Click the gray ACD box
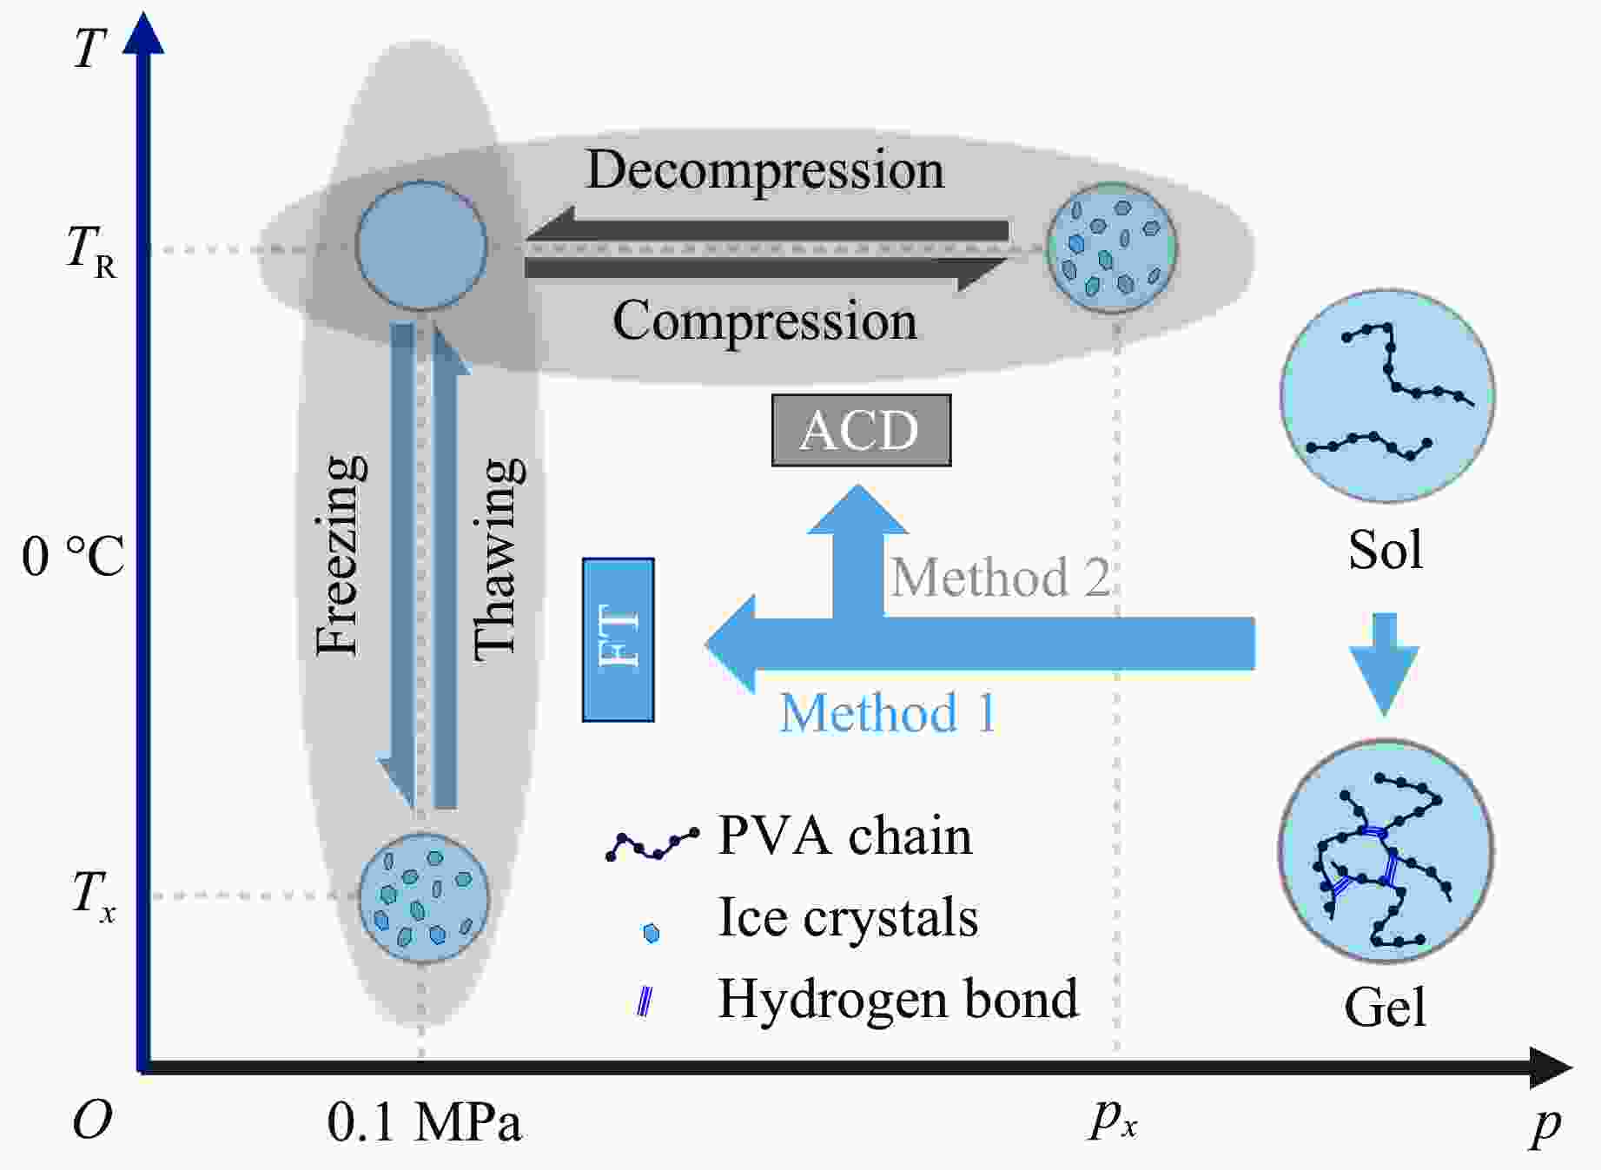coord(861,430)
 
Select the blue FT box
coord(618,640)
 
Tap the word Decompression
coord(764,169)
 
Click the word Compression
coord(764,321)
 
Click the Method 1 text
coord(887,713)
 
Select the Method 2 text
coord(1000,578)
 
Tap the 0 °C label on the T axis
coord(73,556)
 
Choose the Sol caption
coord(1385,550)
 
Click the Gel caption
coord(1385,1008)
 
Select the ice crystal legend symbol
coord(651,933)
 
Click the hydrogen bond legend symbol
coord(645,1001)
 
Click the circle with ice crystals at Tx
coord(424,898)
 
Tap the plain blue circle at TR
coord(421,246)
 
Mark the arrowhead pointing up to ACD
coord(858,511)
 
